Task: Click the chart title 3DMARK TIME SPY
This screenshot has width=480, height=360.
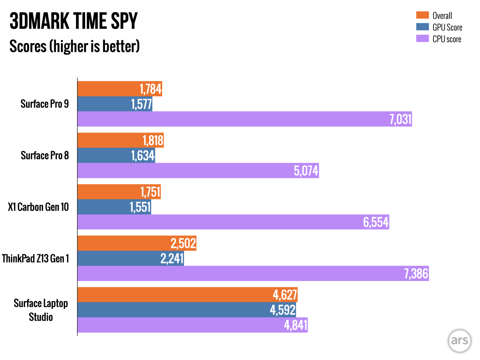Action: (x=73, y=21)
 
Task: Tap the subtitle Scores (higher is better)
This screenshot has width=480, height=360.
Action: (x=74, y=46)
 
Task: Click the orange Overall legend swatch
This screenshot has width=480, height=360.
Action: (x=422, y=15)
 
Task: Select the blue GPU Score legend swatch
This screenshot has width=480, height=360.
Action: (x=422, y=27)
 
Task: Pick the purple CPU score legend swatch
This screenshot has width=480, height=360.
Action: (x=422, y=38)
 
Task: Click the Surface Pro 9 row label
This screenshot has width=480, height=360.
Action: (x=45, y=104)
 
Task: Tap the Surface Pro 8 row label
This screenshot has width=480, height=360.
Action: (x=45, y=155)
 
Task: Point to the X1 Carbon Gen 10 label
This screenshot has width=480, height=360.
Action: (x=38, y=207)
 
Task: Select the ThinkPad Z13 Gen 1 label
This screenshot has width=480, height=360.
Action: (x=35, y=258)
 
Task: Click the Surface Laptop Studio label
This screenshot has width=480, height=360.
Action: (x=41, y=310)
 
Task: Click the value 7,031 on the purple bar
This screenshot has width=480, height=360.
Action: (x=400, y=119)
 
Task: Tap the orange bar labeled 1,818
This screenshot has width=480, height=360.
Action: (x=120, y=140)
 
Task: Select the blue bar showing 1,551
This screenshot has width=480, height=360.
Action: (x=114, y=207)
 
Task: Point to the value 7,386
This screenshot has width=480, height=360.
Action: (x=416, y=273)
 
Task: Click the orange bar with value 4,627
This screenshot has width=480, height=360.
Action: (x=187, y=295)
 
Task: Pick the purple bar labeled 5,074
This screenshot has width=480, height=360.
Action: (x=198, y=171)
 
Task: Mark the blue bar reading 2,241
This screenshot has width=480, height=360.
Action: (x=131, y=258)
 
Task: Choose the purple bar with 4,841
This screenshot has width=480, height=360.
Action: (x=192, y=325)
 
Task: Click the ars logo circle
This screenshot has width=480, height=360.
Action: (x=459, y=341)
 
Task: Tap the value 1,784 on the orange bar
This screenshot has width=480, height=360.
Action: (x=150, y=89)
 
